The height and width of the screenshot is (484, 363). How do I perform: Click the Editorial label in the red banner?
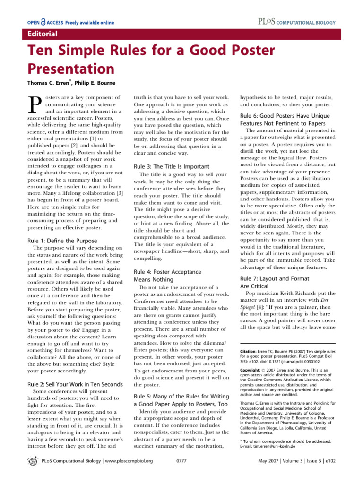pyautogui.click(x=42, y=34)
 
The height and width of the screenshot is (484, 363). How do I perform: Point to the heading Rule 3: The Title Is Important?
pyautogui.click(x=171, y=166)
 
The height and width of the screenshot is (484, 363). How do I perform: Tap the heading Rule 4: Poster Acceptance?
pyautogui.click(x=167, y=272)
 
